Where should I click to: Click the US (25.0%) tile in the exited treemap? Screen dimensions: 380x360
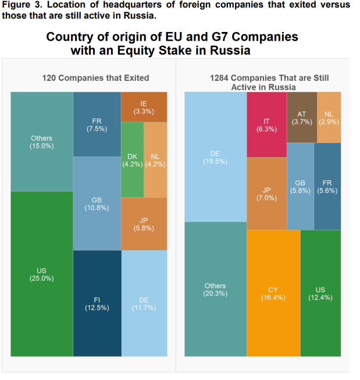coord(41,274)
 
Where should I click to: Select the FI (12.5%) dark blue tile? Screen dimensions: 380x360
coord(97,303)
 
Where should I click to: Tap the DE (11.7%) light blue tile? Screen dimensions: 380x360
coord(144,303)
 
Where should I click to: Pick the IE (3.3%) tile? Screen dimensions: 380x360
coord(144,106)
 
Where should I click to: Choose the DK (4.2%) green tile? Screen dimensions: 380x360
coord(132,159)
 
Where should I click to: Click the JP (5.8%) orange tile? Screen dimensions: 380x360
coord(144,223)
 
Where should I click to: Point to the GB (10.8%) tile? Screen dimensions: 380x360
coord(97,203)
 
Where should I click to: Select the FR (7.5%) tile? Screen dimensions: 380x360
coord(97,124)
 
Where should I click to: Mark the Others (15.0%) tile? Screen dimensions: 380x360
coord(41,141)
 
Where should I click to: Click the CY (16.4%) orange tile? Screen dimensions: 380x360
coord(273,293)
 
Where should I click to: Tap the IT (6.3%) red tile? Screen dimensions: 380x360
coord(266,125)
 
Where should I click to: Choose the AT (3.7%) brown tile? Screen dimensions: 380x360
coord(301,117)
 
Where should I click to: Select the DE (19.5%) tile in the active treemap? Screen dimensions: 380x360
coord(215,157)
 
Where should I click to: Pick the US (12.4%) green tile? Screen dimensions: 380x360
coord(320,293)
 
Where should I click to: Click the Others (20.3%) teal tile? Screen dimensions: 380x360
coord(215,289)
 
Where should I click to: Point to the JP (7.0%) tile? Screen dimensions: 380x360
coord(266,193)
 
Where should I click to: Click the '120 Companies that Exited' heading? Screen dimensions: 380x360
coord(95,77)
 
